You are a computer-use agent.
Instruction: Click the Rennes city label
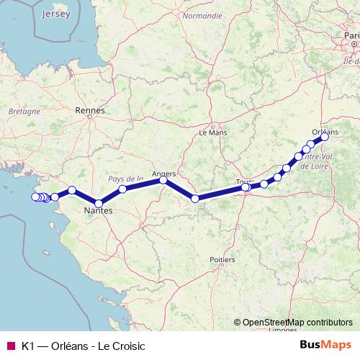(90, 111)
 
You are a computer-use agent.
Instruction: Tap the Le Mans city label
(212, 132)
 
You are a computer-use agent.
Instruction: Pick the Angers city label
(165, 173)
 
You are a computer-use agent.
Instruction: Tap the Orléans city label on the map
(325, 132)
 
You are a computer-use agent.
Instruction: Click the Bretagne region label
(23, 112)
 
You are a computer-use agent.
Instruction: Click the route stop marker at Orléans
(325, 138)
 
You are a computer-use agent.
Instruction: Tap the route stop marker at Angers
(163, 181)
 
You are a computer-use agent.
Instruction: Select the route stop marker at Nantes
(99, 203)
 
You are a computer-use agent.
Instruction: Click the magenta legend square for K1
(9, 346)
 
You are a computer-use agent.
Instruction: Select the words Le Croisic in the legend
(122, 346)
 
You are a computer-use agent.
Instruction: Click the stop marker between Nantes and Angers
(122, 189)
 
